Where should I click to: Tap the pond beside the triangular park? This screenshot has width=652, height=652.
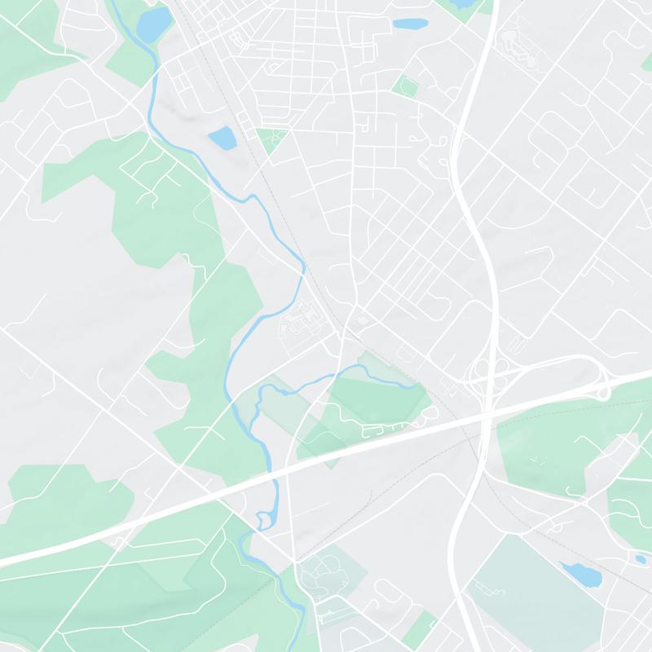click(x=222, y=137)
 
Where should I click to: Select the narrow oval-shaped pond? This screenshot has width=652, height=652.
click(x=411, y=24)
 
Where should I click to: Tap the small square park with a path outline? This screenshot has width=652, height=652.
click(x=403, y=84)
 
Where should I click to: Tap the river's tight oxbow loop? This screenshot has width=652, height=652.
click(x=263, y=519)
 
